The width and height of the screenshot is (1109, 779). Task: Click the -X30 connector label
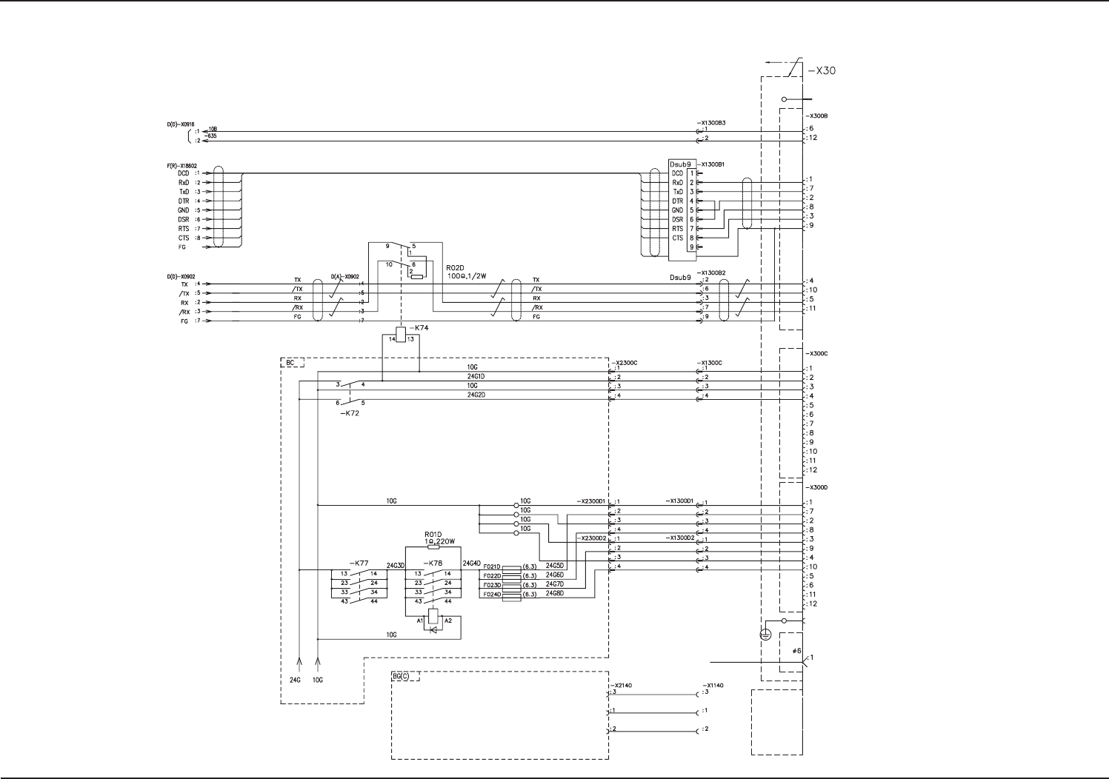822,71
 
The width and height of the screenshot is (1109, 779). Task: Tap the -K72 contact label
350,413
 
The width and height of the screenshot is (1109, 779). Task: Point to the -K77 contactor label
359,564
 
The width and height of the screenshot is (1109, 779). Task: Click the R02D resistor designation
456,267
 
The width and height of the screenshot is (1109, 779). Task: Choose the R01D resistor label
433,534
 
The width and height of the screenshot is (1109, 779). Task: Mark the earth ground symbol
766,635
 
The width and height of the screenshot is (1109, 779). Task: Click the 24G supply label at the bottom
295,680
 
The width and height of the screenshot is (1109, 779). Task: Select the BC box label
291,363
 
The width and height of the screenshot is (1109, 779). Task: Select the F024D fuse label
492,595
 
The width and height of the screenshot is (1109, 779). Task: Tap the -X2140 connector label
622,686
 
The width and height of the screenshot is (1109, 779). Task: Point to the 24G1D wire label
476,376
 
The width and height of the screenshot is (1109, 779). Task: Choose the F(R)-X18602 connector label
181,166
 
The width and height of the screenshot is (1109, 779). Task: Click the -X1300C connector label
709,363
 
